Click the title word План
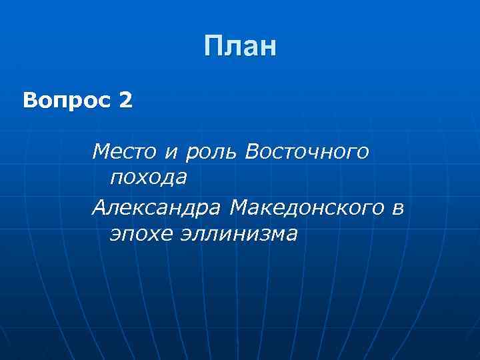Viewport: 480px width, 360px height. point(240,47)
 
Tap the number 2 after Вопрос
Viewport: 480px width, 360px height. point(125,102)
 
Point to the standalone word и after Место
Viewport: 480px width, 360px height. point(171,153)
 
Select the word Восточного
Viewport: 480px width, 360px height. point(306,152)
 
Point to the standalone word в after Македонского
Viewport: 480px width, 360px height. point(398,209)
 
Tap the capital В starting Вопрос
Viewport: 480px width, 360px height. point(30,102)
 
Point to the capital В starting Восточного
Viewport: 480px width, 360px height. point(253,152)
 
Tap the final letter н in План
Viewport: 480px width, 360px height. point(267,49)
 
